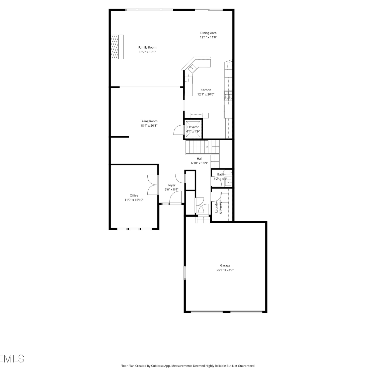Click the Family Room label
click(147, 47)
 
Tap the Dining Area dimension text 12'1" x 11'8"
click(208, 37)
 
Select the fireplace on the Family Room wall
click(117, 47)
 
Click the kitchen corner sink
click(193, 68)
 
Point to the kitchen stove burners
click(228, 96)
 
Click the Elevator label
click(193, 127)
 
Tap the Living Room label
click(149, 121)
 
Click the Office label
click(134, 196)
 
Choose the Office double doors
click(152, 185)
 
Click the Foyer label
click(171, 185)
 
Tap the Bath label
click(220, 174)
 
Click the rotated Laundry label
click(217, 207)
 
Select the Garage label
click(225, 265)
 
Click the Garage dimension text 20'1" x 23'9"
click(225, 270)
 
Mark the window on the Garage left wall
click(185, 273)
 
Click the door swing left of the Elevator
click(179, 130)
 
